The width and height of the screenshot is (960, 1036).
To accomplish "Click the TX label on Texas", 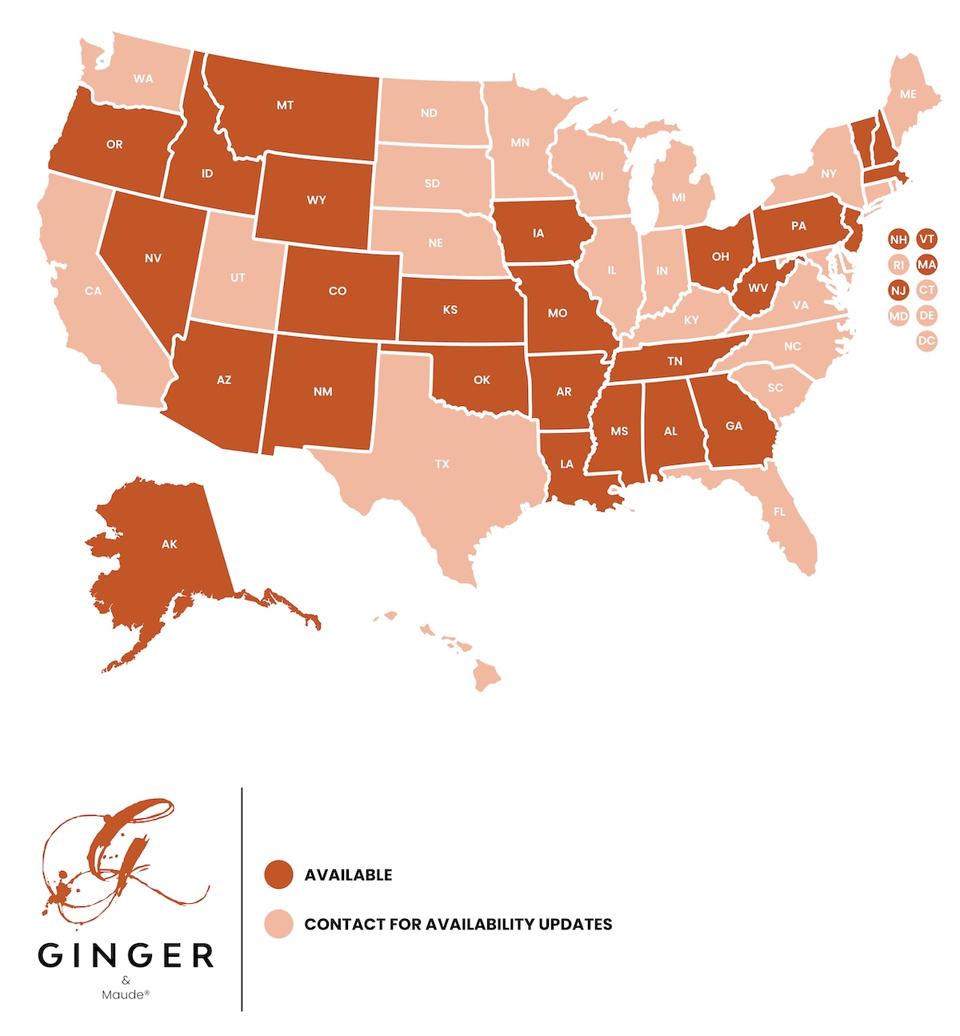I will coord(442,464).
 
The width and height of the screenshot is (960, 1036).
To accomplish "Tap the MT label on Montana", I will coord(285,106).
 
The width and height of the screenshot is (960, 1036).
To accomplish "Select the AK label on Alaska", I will coord(170,544).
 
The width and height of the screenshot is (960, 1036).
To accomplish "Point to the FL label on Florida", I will coord(779,512).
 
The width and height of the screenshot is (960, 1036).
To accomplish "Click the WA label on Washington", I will coord(143,78).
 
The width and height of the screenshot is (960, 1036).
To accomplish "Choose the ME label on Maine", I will coord(908,94).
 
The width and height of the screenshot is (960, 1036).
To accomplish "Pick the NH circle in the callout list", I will coord(898,239).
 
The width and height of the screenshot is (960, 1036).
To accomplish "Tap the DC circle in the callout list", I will coord(926,341).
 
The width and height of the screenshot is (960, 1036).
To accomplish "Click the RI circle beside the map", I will coord(898,265).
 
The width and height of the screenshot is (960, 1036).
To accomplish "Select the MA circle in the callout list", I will coord(926,265).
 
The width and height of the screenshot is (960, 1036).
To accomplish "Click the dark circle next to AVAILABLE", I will coord(278,875).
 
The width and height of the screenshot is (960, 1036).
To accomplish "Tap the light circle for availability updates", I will coord(278,924).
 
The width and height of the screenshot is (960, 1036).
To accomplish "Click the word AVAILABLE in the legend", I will coord(348,875).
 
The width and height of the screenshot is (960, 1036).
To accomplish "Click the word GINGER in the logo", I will coord(126,955).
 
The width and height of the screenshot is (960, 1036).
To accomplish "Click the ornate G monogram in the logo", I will coord(120,857).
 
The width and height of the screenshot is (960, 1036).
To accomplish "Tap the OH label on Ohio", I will coord(720,257).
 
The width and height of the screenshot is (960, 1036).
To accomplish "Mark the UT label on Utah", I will coord(238,278).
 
